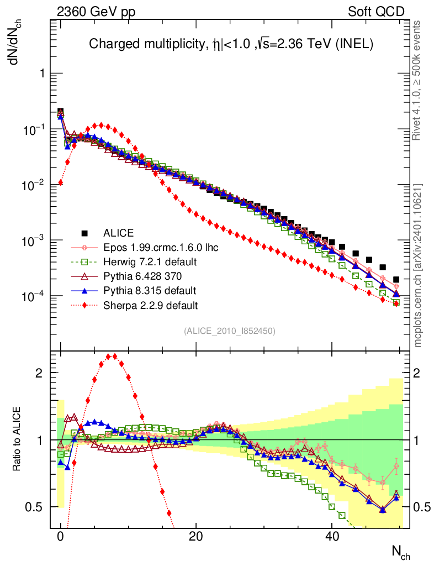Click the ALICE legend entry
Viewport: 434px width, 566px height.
click(x=119, y=233)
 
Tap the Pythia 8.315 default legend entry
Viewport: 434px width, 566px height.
click(x=149, y=290)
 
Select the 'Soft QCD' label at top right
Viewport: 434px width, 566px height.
click(x=376, y=11)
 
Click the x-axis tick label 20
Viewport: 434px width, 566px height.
click(x=195, y=537)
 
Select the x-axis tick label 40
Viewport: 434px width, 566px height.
click(x=331, y=537)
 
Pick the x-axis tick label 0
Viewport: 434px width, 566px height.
click(x=60, y=537)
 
